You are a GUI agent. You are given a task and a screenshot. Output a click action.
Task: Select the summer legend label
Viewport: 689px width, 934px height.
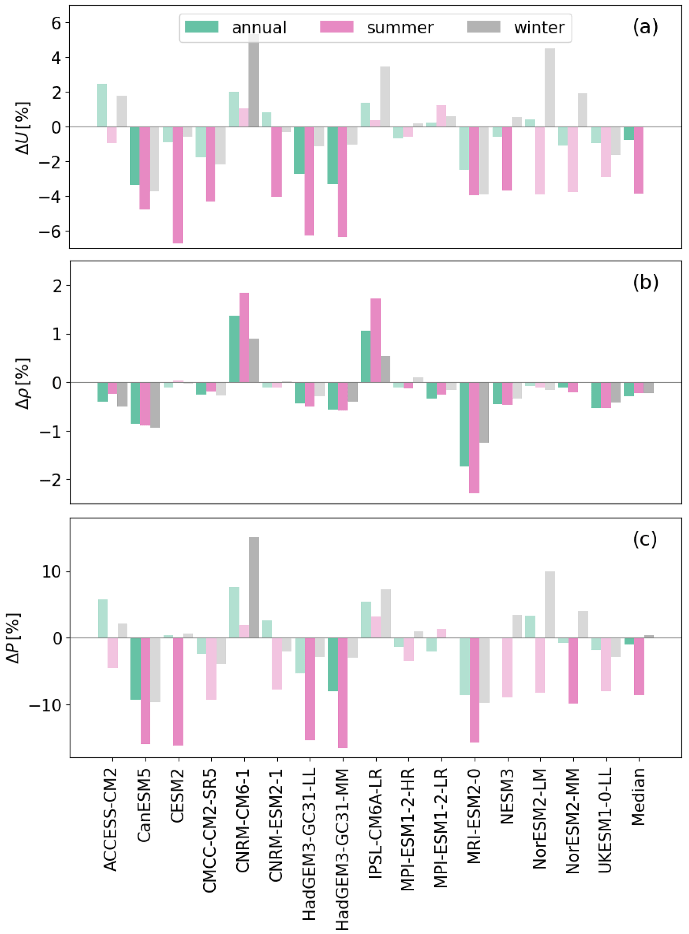400,28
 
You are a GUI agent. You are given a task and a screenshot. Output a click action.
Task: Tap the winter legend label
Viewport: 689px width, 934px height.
539,28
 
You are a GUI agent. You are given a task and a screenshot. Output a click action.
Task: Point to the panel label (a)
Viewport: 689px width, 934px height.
645,27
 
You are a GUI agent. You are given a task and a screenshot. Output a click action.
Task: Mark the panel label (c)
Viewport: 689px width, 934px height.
645,539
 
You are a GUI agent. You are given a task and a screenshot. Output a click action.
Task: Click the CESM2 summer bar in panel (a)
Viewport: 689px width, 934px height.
178,185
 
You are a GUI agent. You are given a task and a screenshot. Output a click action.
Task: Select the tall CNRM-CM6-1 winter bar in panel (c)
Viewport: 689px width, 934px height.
254,587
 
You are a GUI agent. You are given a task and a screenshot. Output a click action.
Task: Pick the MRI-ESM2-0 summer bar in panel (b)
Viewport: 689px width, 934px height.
474,438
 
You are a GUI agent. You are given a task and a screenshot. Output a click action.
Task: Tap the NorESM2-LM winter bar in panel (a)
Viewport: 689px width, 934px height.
550,88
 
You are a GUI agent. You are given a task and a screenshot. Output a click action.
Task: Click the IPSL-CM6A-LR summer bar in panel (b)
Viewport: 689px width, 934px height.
375,340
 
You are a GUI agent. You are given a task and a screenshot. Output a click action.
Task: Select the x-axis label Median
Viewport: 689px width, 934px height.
638,797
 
